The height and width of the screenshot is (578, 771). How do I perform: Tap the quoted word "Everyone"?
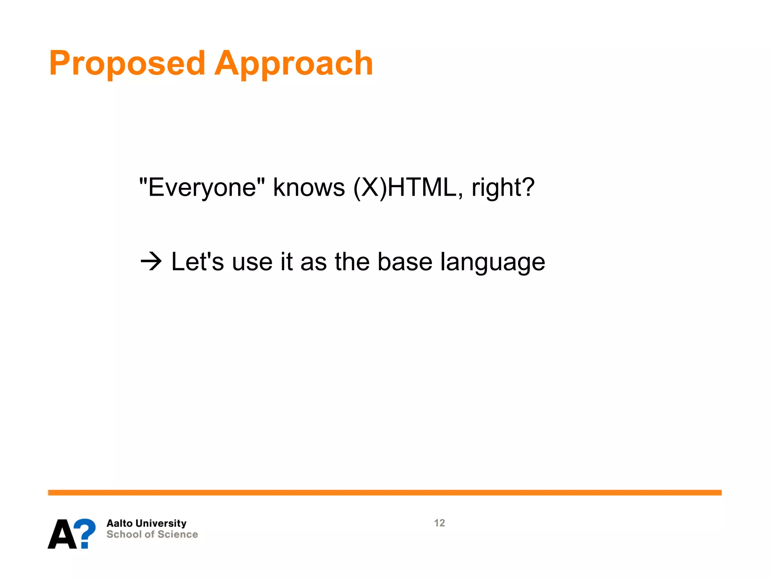click(202, 187)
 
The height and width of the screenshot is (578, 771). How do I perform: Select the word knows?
click(309, 187)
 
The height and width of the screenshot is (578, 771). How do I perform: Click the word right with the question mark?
click(503, 188)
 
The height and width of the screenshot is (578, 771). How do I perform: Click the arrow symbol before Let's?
click(151, 262)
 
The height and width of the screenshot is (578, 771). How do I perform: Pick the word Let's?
click(197, 262)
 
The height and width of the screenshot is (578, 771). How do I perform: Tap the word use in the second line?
click(252, 262)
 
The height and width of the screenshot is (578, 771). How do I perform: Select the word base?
click(405, 262)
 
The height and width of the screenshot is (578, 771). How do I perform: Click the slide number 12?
click(439, 523)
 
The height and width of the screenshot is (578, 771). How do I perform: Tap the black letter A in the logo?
click(62, 534)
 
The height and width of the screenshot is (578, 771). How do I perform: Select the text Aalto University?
click(146, 523)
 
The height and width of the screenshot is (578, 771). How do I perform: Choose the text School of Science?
click(152, 534)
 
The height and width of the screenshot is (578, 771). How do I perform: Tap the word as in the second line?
click(314, 262)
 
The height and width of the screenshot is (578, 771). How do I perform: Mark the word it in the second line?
click(286, 262)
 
